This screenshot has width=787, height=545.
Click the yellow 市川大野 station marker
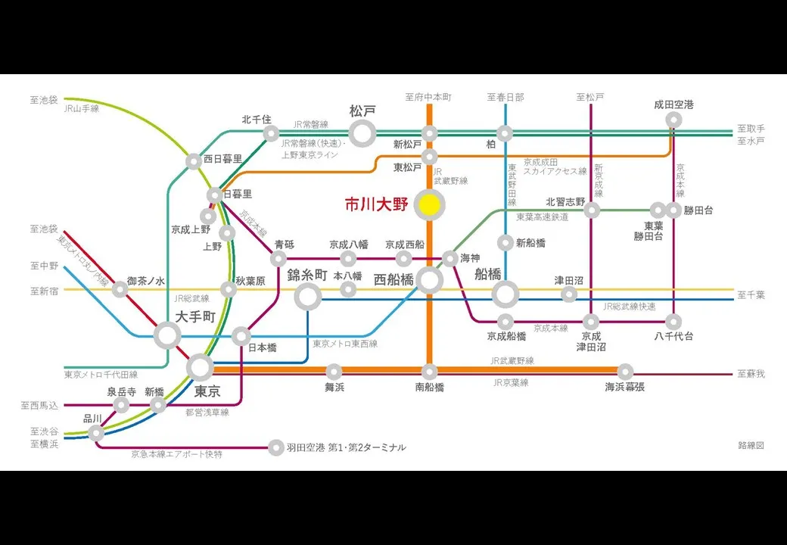[x=430, y=204]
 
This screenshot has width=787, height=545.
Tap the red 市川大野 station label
[x=376, y=204]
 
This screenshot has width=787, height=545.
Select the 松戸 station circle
[x=362, y=134]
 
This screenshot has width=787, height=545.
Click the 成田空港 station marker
[x=673, y=120]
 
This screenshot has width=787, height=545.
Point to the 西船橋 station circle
[x=429, y=281]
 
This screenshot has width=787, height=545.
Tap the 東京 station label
[x=207, y=391]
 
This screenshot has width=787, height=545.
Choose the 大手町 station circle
[x=167, y=335]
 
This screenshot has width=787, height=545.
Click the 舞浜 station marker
[x=334, y=371]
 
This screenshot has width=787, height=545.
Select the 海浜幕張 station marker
[x=625, y=372]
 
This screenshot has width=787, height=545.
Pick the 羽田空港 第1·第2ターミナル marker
[x=276, y=447]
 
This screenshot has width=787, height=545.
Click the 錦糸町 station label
[x=307, y=275]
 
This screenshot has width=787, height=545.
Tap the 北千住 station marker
[x=271, y=134]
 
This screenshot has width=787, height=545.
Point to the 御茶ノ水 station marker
[x=120, y=289]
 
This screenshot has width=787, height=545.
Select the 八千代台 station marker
[x=673, y=321]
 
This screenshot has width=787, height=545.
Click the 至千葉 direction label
[x=751, y=294]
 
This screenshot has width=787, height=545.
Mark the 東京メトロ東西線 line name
[x=344, y=344]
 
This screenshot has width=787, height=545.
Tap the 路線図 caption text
[x=751, y=445]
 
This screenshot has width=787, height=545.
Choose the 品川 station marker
[x=96, y=433]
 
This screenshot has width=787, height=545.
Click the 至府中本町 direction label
[x=428, y=98]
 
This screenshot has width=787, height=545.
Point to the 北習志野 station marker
[x=592, y=210]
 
